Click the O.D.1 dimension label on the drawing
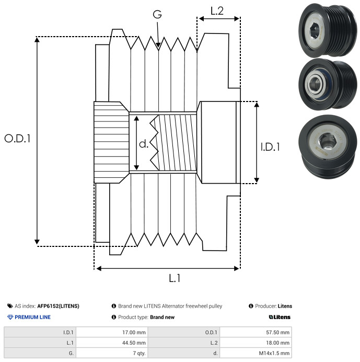(17, 139)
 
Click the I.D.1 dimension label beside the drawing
(270, 147)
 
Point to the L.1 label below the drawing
(175, 278)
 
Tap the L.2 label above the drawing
(217, 11)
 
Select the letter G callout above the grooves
(157, 14)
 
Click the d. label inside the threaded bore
(144, 144)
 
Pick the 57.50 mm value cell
(256, 333)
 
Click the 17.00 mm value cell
(112, 333)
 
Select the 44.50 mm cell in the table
(112, 343)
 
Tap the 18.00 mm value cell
(256, 343)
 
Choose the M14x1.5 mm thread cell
(256, 353)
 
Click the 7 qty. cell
(112, 353)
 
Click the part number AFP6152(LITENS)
(58, 306)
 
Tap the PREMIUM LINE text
(32, 317)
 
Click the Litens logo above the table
(280, 317)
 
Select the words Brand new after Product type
(162, 317)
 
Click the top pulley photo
(328, 30)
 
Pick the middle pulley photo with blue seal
(328, 84)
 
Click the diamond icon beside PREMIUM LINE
(10, 317)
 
